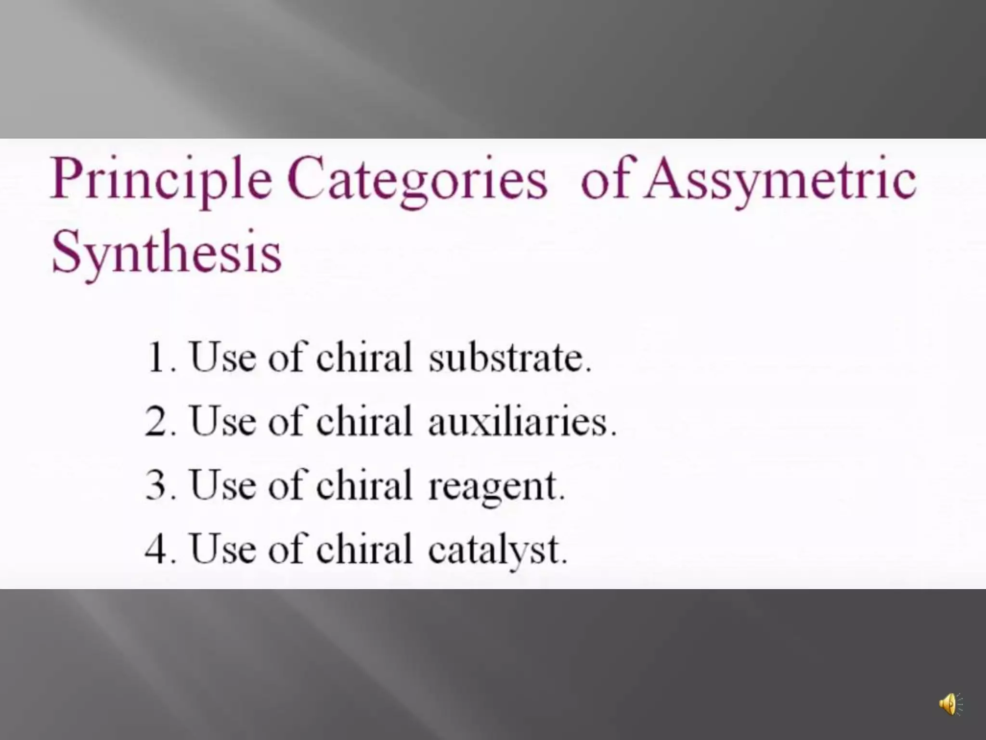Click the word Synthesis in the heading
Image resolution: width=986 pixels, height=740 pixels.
[166, 254]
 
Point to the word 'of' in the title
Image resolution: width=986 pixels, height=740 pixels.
[610, 179]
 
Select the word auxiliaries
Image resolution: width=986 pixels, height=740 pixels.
[521, 422]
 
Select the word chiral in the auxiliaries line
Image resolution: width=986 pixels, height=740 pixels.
[364, 421]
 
